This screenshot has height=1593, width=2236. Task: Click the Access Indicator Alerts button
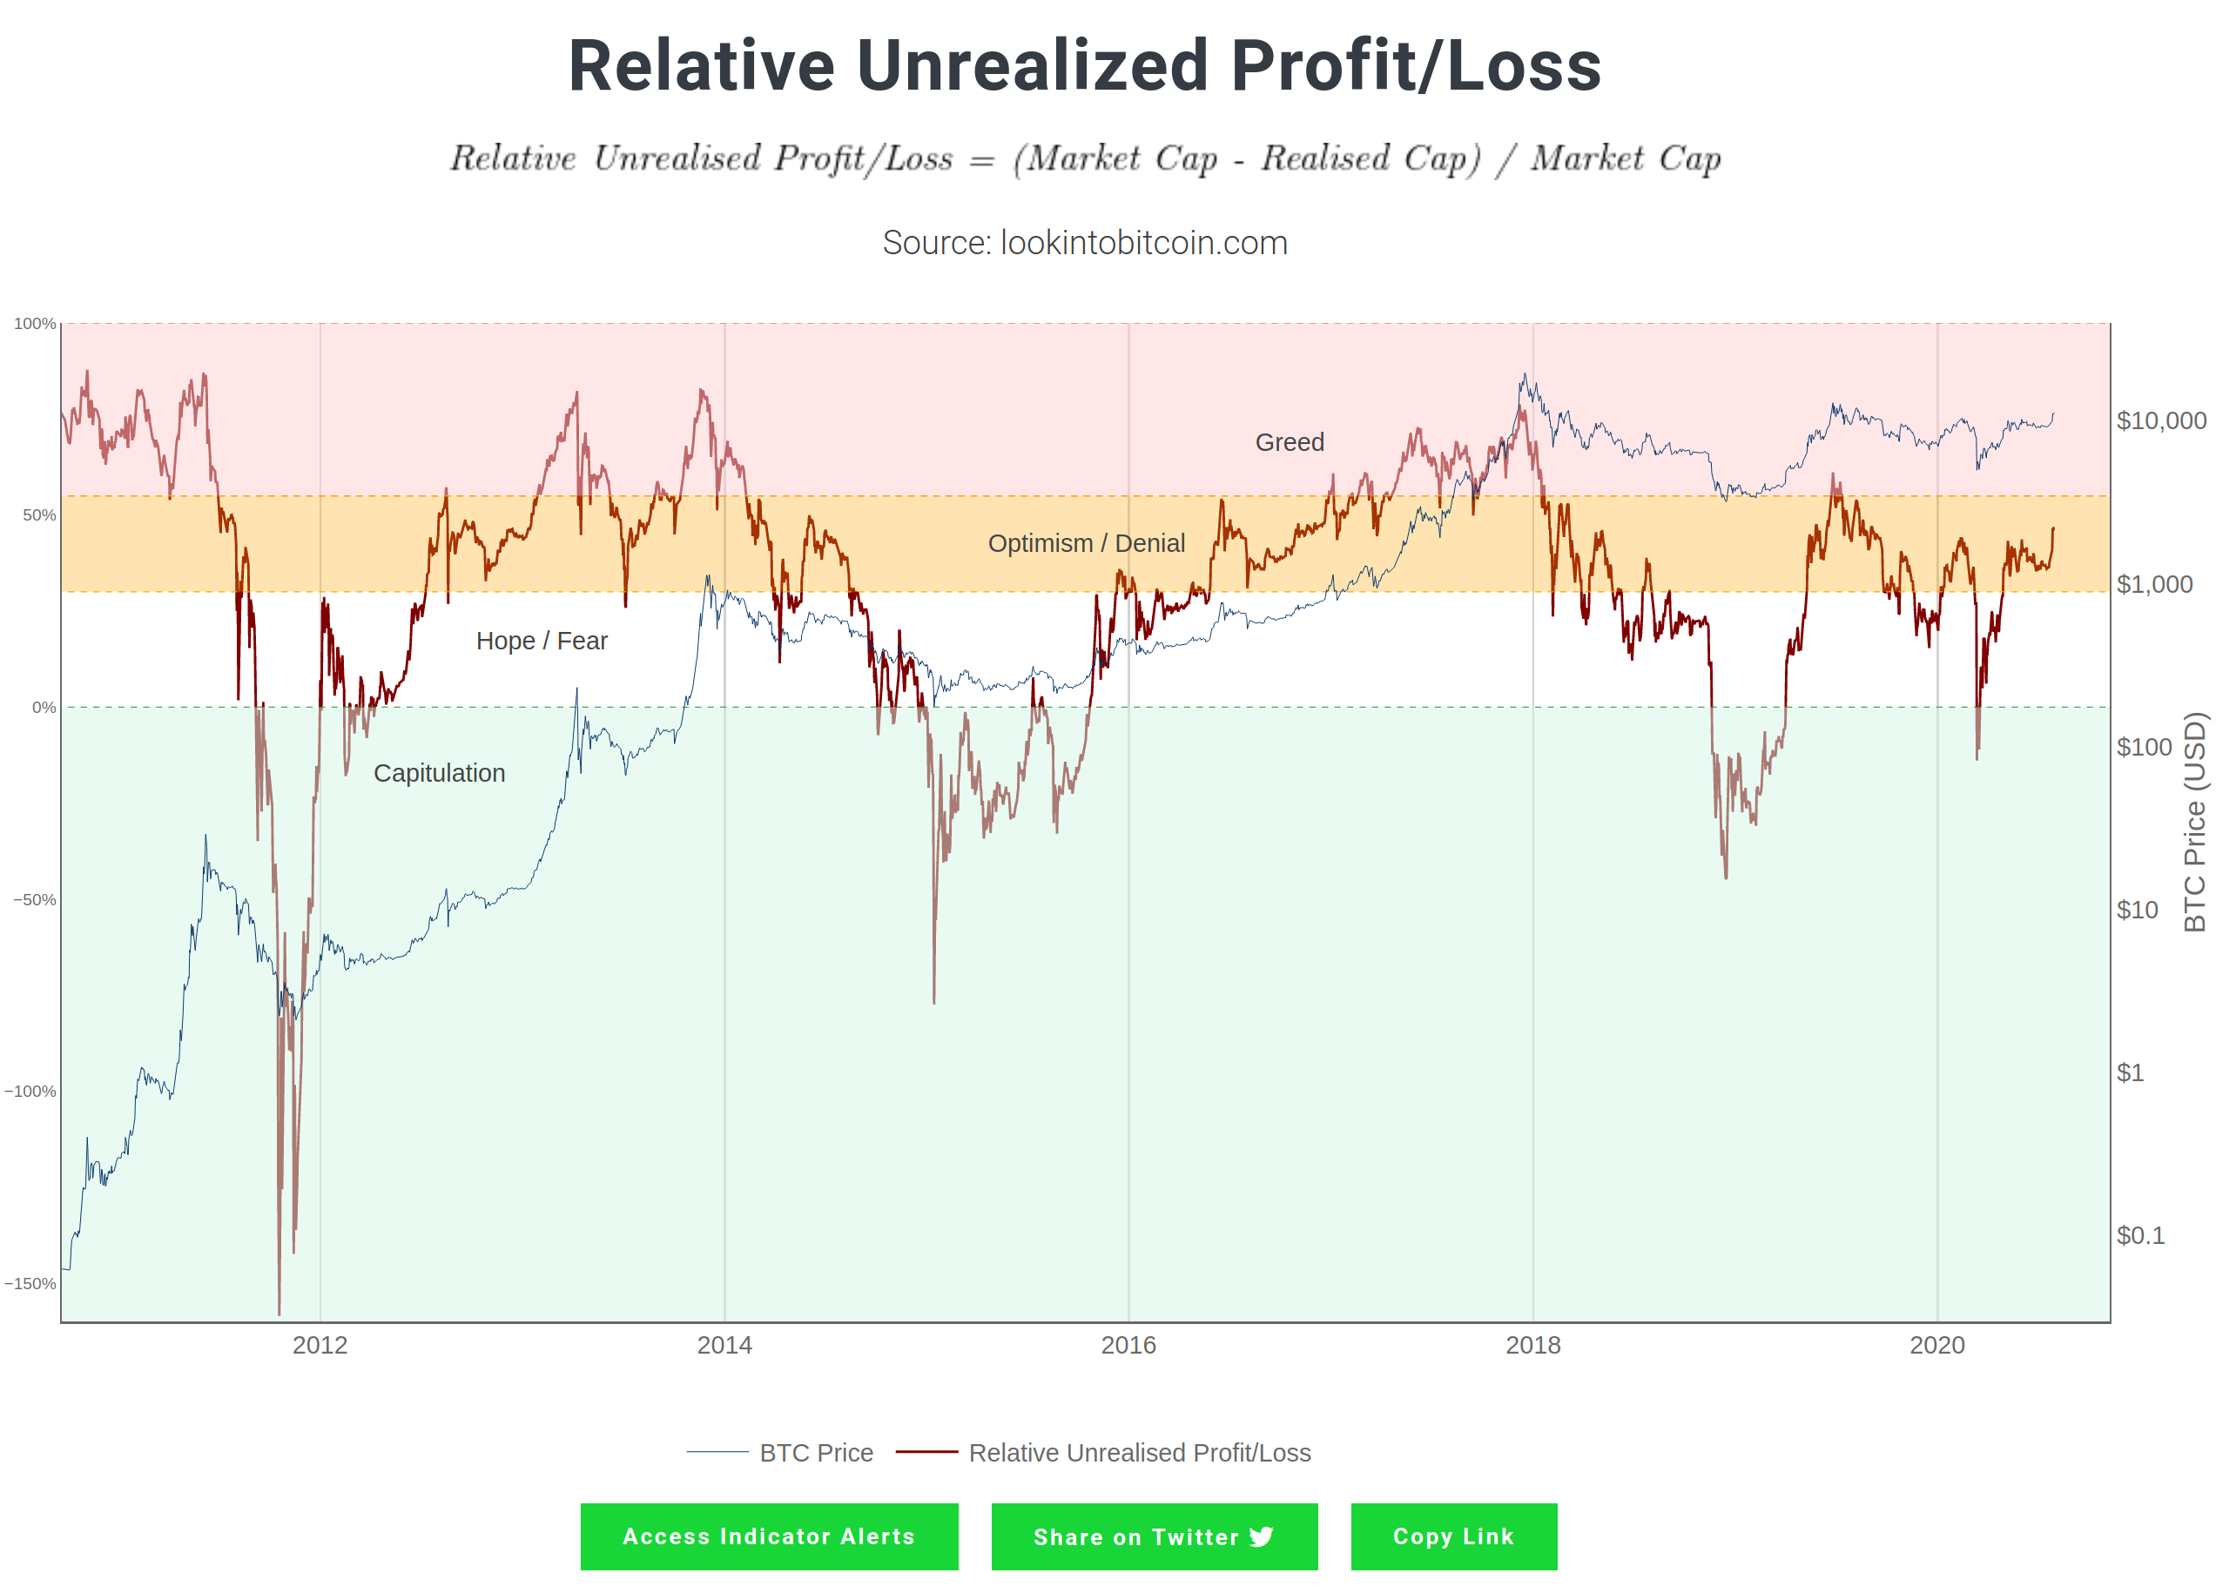[x=768, y=1536]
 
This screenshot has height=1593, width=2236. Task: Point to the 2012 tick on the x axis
[x=320, y=1345]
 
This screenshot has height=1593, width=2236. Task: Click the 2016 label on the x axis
[x=1128, y=1345]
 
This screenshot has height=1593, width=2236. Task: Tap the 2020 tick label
[x=1936, y=1345]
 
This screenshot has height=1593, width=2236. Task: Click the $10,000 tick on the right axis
[x=2160, y=420]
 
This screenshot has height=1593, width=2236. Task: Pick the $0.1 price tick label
[x=2140, y=1235]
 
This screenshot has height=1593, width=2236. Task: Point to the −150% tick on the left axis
[x=30, y=1283]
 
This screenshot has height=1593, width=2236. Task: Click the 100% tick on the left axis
[x=34, y=324]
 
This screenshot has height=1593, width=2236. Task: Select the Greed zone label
[x=1290, y=442]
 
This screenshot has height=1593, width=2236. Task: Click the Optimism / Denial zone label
[x=1086, y=543]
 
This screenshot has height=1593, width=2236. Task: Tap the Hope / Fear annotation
[x=542, y=641]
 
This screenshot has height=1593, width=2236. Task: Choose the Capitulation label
[x=440, y=773]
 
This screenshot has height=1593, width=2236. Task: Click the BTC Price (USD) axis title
[x=2194, y=822]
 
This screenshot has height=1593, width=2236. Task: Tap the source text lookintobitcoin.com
[x=1084, y=242]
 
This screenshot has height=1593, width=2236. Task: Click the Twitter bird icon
[x=1262, y=1536]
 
